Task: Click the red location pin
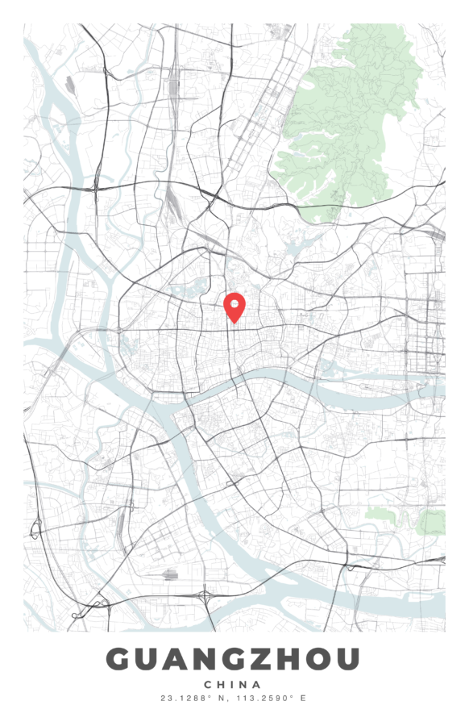(x=234, y=307)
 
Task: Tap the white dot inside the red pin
(x=234, y=303)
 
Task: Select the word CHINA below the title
(x=234, y=684)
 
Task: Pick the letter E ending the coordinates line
(x=304, y=698)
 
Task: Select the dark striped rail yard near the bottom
(x=170, y=575)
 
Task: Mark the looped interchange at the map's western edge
(x=35, y=529)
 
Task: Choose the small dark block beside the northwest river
(x=71, y=83)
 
